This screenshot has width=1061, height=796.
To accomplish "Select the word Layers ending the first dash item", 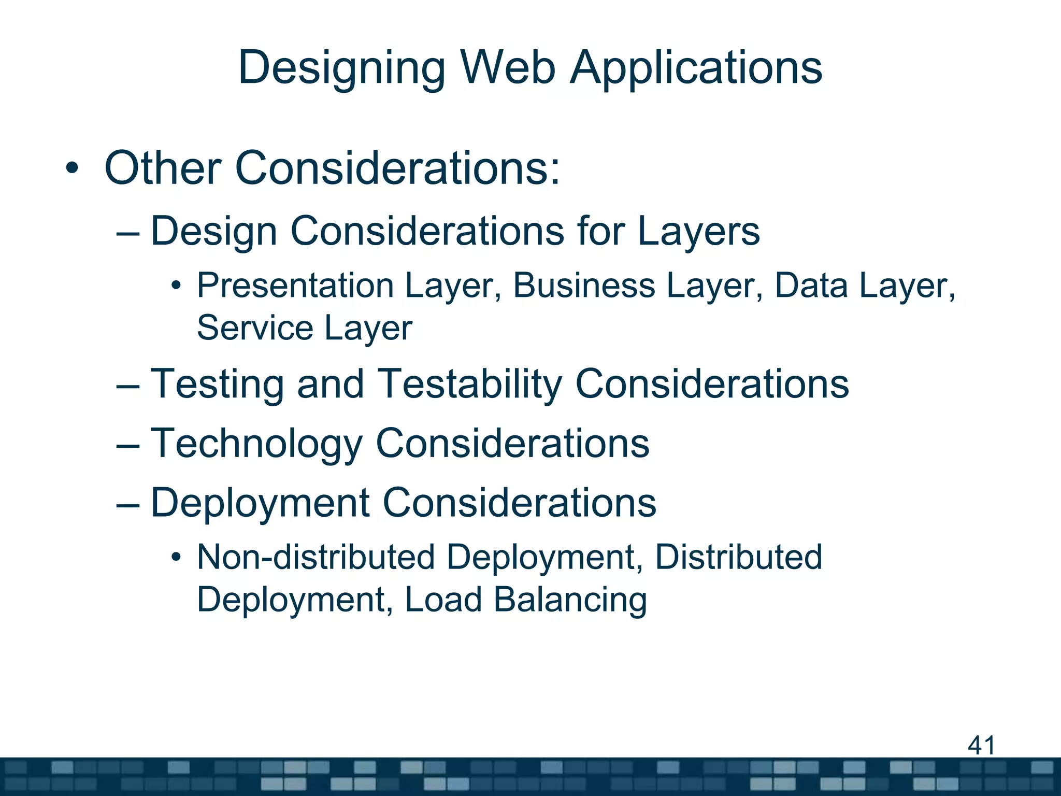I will [698, 231].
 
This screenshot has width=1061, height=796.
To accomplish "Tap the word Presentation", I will [295, 286].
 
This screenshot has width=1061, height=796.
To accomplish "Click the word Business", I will [584, 286].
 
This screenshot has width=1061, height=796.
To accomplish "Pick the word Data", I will [811, 286].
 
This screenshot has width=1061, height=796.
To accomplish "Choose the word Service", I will [255, 328].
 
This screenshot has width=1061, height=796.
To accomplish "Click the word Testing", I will [217, 384].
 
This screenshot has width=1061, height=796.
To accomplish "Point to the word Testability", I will [469, 384].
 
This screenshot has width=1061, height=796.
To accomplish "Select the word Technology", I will [256, 444].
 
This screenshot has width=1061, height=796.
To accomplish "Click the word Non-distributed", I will [316, 557].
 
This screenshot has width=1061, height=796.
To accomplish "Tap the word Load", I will [443, 600].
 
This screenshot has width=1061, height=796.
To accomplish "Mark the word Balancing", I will [570, 600].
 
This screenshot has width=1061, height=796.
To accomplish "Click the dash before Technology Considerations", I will [128, 445].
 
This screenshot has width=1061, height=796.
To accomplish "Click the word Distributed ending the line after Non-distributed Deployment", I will [738, 557].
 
